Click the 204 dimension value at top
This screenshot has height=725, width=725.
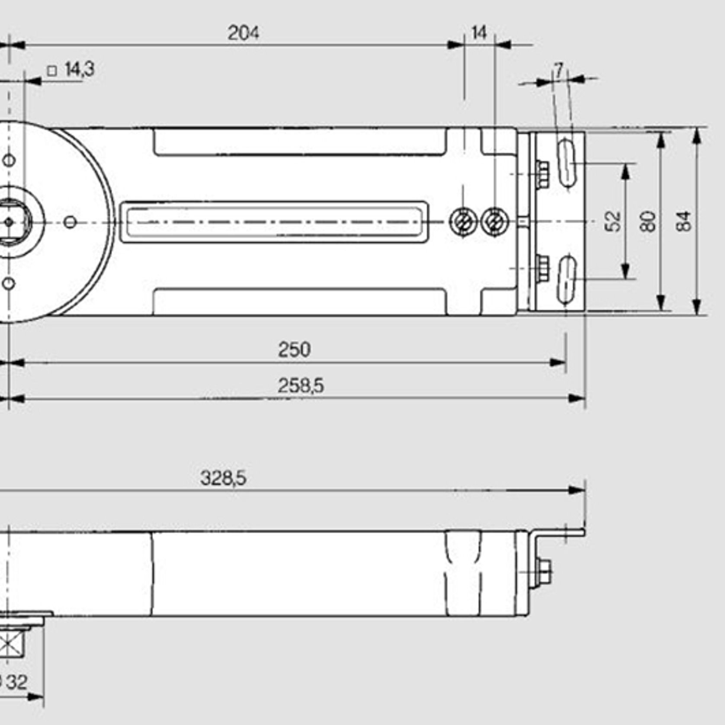pyautogui.click(x=243, y=33)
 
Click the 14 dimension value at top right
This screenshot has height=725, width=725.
pyautogui.click(x=479, y=33)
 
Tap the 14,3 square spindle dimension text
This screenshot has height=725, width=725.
pyautogui.click(x=79, y=69)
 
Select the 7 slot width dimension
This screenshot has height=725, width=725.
pyautogui.click(x=559, y=69)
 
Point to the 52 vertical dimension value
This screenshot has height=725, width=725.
pyautogui.click(x=613, y=221)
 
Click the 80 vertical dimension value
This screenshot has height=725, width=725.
pyautogui.click(x=648, y=221)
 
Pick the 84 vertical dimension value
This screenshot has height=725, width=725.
pyautogui.click(x=684, y=221)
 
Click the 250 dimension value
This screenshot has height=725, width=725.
pyautogui.click(x=294, y=350)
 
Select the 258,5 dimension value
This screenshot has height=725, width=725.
pyautogui.click(x=301, y=385)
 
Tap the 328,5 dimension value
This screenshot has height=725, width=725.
pyautogui.click(x=223, y=478)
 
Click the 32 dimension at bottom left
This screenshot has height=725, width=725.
pyautogui.click(x=16, y=682)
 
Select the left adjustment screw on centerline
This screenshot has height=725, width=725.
pyautogui.click(x=463, y=222)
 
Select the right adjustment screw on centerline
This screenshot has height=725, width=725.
pyautogui.click(x=494, y=222)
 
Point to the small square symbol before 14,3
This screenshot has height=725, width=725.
pyautogui.click(x=52, y=71)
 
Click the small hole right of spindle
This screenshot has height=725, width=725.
pyautogui.click(x=70, y=222)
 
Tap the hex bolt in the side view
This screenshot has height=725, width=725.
pyautogui.click(x=544, y=572)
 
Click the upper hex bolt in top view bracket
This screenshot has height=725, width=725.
pyautogui.click(x=542, y=174)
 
